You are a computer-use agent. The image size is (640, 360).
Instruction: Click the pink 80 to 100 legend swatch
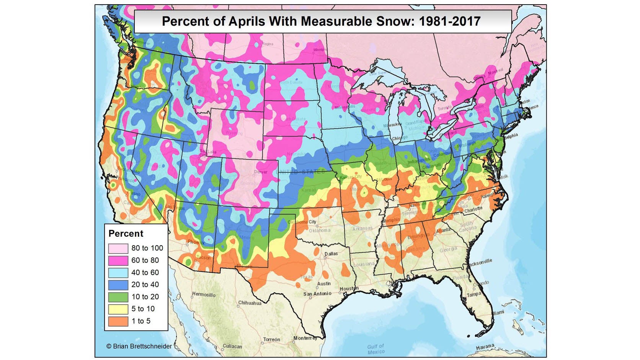coord(118,248)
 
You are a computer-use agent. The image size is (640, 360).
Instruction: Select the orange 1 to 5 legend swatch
coord(118,321)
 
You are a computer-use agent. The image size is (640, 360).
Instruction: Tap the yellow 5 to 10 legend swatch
coord(118,309)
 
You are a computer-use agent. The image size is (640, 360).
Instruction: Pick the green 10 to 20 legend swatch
coord(118,297)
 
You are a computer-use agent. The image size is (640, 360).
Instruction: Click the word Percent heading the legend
coord(126,234)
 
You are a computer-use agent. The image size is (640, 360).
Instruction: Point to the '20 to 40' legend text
coord(145,285)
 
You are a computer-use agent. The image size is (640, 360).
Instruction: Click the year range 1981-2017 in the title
coord(449,21)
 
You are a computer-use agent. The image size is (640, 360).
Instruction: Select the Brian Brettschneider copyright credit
coord(139,346)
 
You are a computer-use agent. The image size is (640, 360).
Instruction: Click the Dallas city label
coord(331,254)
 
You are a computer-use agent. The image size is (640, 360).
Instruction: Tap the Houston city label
coord(349,288)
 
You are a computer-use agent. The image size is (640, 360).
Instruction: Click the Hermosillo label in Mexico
coord(204,295)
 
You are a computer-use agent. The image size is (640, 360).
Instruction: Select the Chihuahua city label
coord(250,303)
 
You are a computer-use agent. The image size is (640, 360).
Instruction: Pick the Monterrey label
coord(305,338)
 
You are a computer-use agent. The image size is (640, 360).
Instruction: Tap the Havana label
coord(485,347)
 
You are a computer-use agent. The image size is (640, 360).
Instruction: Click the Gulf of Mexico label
coord(376,349)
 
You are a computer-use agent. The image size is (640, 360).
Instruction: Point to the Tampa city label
coord(473,295)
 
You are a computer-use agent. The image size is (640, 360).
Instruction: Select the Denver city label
coord(261,172)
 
